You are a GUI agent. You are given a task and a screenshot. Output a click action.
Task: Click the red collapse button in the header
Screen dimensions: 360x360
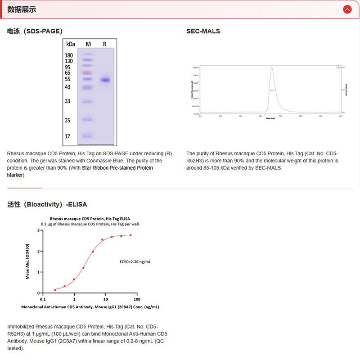coord(347,9)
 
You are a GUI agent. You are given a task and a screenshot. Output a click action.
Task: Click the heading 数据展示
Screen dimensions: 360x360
coord(22,9)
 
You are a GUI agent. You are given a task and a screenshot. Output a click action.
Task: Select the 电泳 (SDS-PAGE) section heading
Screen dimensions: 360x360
coord(35,31)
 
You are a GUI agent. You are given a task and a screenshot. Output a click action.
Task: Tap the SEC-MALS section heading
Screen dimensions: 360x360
coord(203,31)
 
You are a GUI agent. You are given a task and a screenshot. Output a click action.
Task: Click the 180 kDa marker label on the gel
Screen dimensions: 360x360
coord(69,55)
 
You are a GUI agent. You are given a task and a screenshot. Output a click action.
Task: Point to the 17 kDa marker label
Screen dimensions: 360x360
coord(67,136)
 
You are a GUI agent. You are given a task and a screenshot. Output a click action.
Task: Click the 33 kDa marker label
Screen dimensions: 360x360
coord(67,101)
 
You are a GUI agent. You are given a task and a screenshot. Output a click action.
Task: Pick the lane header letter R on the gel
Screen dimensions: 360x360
coord(104,44)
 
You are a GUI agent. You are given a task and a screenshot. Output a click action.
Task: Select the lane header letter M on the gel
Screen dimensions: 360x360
coord(88,44)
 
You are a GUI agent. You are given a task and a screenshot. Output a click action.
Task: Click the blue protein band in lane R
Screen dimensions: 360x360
coord(105,80)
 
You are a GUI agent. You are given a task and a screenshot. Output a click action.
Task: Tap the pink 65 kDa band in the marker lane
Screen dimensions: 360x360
coord(87,73)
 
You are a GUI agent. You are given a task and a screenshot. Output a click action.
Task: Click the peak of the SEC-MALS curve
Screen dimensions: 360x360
coord(271,68)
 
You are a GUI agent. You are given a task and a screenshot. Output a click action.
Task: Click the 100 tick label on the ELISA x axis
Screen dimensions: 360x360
coord(137,299)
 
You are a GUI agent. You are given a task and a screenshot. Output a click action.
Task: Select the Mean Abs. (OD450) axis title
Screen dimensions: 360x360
coord(27,261)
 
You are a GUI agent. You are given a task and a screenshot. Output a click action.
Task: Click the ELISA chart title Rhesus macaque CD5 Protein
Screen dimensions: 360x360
coord(90,219)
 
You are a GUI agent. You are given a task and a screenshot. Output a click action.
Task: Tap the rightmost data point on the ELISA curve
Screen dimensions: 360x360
coord(130,235)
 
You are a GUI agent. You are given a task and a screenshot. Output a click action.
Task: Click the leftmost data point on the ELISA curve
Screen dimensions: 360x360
coord(55,290)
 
